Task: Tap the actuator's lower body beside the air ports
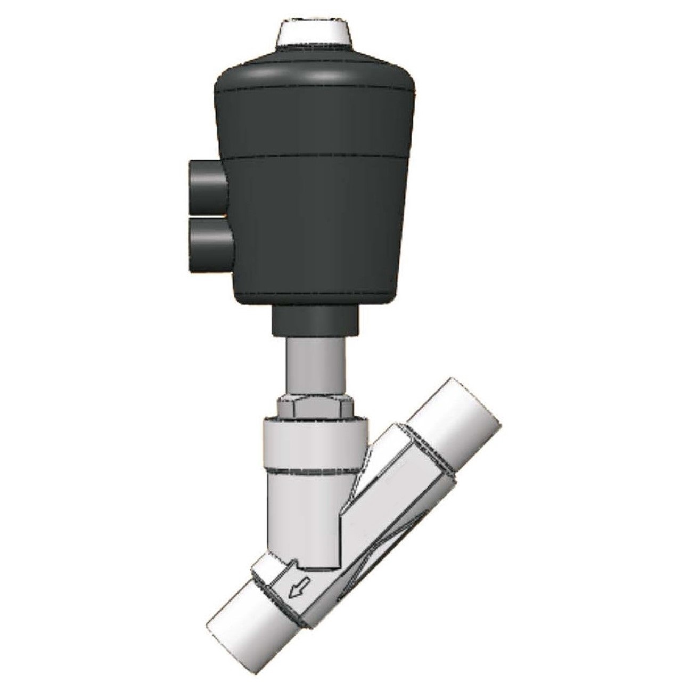pyautogui.click(x=319, y=229)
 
